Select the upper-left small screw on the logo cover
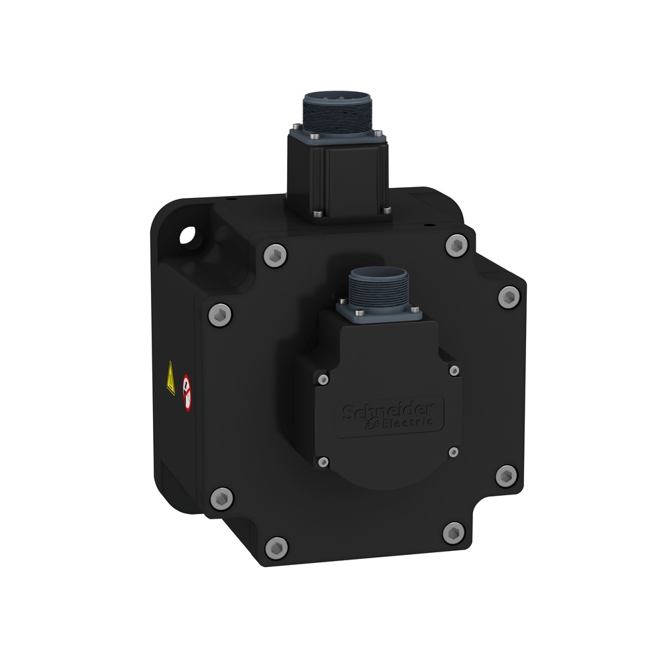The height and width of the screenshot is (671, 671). (323, 380)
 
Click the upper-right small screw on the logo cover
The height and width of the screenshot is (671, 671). (454, 370)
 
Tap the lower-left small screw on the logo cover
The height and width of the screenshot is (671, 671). (323, 462)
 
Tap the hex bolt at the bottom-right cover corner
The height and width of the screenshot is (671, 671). (454, 533)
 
